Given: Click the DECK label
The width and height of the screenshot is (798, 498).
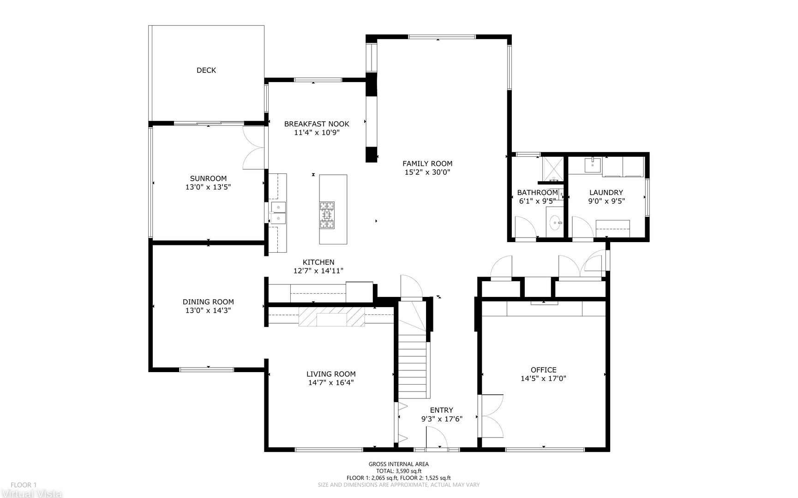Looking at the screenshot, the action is coord(206,70).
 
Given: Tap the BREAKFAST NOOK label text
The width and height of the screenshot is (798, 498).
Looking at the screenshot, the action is coord(317,124).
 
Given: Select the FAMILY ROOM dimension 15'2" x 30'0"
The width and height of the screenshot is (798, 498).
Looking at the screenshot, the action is coord(427,172).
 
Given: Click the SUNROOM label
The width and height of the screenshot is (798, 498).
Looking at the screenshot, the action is coord(208,178).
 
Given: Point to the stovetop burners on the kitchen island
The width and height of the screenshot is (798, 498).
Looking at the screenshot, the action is coord(327,215).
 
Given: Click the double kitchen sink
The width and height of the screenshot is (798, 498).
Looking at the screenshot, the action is coord(278,213).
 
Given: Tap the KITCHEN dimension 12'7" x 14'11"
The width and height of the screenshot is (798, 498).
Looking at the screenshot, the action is coord(318,271).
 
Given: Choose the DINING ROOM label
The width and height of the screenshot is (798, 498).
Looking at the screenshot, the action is coord(208,302).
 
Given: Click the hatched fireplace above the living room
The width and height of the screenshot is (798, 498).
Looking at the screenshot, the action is coord(332,316).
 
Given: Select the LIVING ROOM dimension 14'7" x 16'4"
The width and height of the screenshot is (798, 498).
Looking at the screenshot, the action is coord(331,383).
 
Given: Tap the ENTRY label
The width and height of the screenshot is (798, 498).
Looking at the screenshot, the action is coord(442,410).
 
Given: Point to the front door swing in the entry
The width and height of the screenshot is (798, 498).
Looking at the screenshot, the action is coord(437,437).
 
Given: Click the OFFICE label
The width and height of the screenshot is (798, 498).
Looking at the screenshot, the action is coord(544,370).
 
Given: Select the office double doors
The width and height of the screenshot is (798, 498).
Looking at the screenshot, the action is coord(492,416).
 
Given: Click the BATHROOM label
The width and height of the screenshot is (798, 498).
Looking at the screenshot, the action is coord(538,193).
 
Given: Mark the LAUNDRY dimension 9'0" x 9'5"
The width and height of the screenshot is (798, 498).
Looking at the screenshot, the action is coord(606,202).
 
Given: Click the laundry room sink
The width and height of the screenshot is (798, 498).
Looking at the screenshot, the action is coord(592,165).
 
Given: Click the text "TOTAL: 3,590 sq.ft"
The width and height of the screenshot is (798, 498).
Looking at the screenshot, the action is coord(399,471).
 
